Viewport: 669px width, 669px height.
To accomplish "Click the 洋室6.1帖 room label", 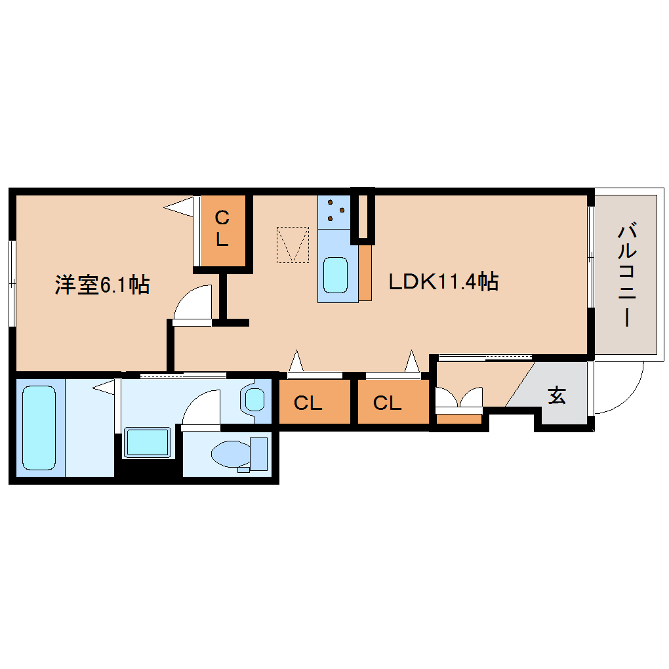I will tap(102, 285).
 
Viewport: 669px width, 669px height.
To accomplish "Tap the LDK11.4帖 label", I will tap(443, 281).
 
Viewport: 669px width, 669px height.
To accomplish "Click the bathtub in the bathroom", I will tap(39, 428).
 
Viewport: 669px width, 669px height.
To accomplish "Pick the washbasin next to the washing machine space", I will tap(148, 443).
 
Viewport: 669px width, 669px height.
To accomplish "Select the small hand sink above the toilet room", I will tap(254, 399).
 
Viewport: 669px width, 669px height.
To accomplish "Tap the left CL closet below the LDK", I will tap(308, 403).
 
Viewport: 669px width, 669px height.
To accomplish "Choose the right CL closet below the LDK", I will tap(387, 403).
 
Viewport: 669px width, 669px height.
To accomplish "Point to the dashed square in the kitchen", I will tap(293, 245).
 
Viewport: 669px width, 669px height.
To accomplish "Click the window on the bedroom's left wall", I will tap(12, 283).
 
